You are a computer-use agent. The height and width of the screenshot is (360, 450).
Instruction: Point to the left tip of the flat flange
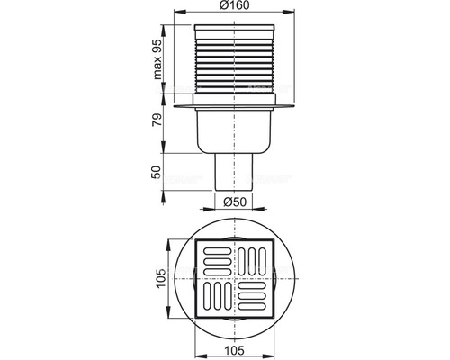[x=179, y=110]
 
